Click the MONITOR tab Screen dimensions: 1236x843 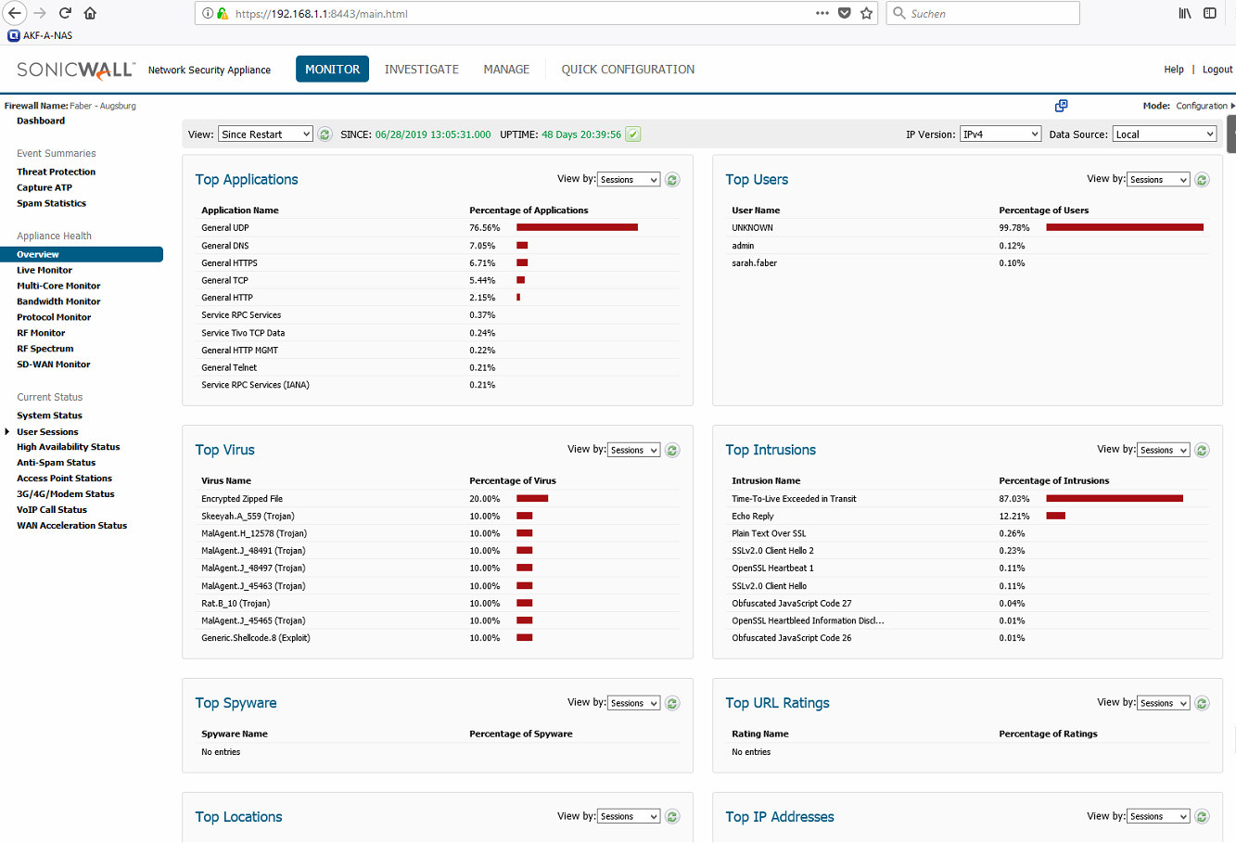pos(332,69)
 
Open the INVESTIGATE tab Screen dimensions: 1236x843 pos(422,69)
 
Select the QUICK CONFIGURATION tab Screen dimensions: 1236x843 pos(628,69)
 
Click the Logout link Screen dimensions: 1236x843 pos(1217,69)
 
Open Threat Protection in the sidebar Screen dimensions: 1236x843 pos(56,172)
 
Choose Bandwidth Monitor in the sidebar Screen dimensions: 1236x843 pos(58,301)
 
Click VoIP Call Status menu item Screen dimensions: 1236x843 pos(52,510)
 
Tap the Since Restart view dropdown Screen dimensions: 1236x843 pos(265,134)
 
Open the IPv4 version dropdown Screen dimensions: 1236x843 pos(1000,134)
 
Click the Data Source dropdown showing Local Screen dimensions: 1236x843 pos(1165,134)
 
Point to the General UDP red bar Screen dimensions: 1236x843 pos(577,227)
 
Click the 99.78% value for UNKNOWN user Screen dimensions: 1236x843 pos(1014,227)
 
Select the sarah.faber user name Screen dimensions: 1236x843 pos(754,263)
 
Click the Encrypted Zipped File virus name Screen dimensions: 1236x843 pos(242,499)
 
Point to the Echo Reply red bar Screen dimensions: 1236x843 pos(1055,516)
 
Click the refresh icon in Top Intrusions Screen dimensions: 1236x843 pos(1203,450)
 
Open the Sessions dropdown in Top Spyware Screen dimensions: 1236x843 pos(633,703)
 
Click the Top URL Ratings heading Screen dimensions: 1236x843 pos(777,703)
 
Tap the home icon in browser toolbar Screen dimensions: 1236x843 pos(90,13)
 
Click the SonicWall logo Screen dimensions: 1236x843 pos(76,70)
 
